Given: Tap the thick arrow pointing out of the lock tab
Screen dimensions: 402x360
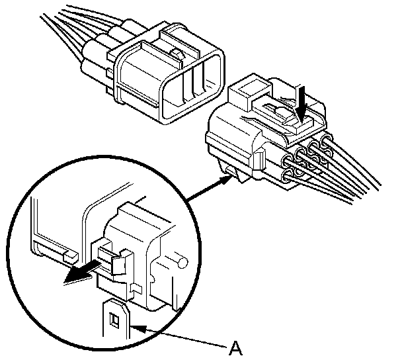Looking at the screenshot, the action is (78, 275).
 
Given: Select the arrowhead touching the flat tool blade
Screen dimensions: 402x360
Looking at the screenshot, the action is (138, 326).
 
